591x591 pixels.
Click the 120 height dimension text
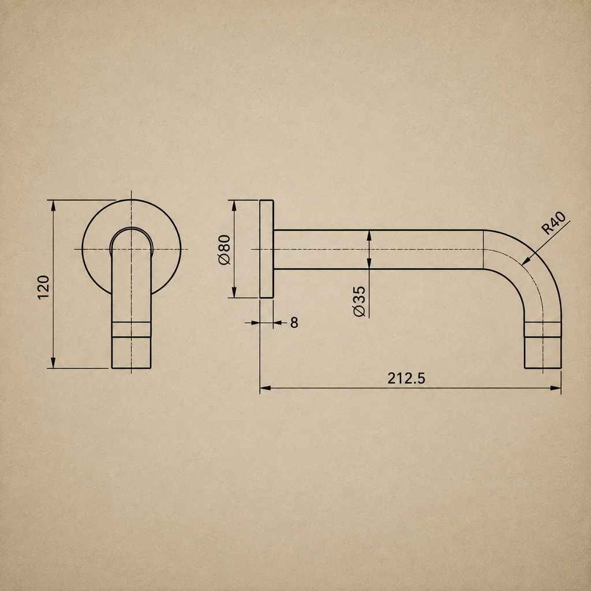(44, 287)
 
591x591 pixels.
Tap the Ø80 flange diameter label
(225, 249)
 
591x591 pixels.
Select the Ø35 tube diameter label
(360, 301)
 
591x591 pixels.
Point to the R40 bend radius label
(553, 223)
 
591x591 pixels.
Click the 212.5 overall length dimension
(406, 378)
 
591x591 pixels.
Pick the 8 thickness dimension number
(294, 323)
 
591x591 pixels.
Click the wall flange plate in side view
(267, 249)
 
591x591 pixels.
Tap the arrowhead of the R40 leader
(526, 260)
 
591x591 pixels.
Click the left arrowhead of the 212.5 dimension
(265, 388)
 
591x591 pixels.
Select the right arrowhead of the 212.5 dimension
(556, 388)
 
